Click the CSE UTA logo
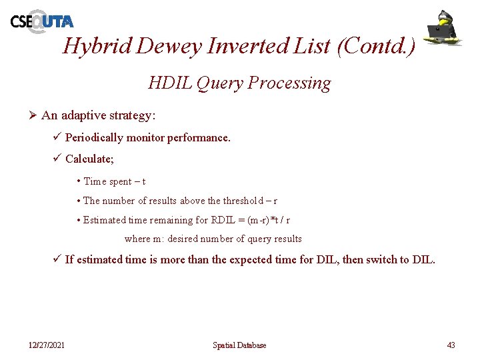[x=41, y=21]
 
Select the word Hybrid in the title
[x=97, y=45]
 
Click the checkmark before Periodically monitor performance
[x=57, y=137]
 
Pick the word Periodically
[x=95, y=138]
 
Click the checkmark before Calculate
[x=57, y=159]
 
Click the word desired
[x=183, y=239]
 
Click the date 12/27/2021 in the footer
[x=47, y=345]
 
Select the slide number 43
[x=451, y=345]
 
